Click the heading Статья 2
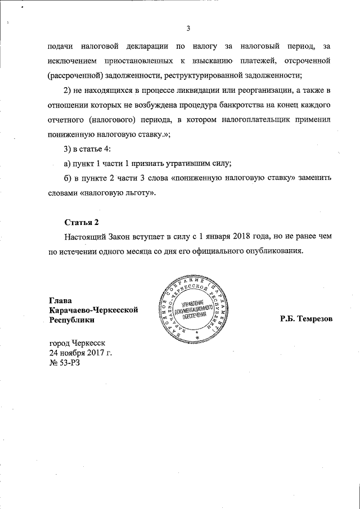pos(83,222)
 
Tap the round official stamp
pos(196,313)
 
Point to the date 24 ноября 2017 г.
pos(81,353)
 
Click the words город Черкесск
pos(81,343)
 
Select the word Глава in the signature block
pos(61,300)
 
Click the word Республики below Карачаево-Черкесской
pos(71,320)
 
